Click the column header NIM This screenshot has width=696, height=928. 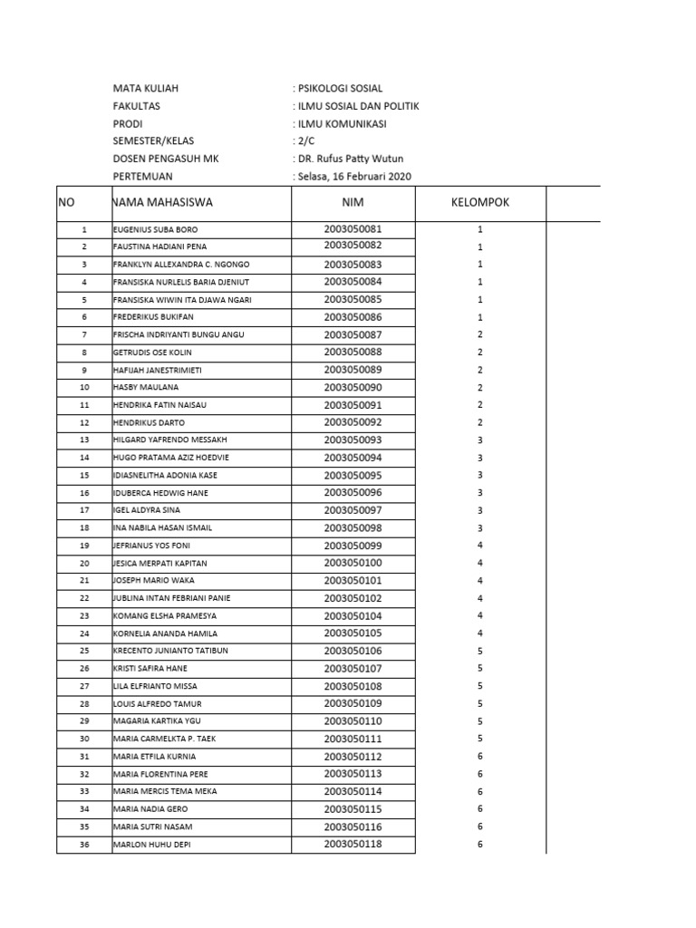[x=353, y=202]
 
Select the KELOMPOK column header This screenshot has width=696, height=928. [x=480, y=202]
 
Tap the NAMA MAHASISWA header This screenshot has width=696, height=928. [x=163, y=202]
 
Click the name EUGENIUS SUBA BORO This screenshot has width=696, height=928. [x=155, y=229]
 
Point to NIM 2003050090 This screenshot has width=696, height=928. [x=353, y=387]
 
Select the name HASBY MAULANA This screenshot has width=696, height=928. [x=146, y=387]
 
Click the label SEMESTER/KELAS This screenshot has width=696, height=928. [x=153, y=141]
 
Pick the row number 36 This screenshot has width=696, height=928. [x=84, y=845]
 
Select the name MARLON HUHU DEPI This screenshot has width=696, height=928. [x=152, y=845]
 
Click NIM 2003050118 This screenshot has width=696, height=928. [x=353, y=845]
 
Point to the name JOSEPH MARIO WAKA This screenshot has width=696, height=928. [x=154, y=581]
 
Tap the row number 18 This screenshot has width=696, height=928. [x=84, y=528]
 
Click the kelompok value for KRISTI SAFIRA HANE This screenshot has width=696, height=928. [x=480, y=669]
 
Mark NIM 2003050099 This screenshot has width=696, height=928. [x=353, y=546]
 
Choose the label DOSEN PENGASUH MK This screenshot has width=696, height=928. [x=166, y=159]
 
